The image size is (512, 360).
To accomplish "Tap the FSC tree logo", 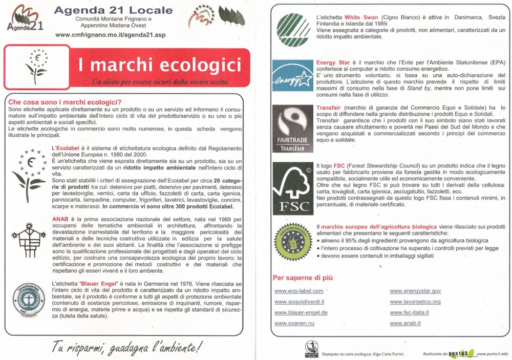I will pyautogui.click(x=292, y=188).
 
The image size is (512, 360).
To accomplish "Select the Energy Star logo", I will pyautogui.click(x=292, y=76).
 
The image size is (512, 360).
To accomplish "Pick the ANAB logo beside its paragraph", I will pyautogui.click(x=28, y=239).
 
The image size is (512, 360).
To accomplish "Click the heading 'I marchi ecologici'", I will pyautogui.click(x=159, y=65).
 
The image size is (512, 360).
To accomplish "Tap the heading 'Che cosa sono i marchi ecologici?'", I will pyautogui.click(x=65, y=102).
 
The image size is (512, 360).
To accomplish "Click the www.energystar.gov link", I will pyautogui.click(x=415, y=291).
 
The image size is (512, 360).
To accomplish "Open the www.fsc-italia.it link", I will pyautogui.click(x=409, y=312).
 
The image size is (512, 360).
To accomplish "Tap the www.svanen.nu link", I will pyautogui.click(x=294, y=324).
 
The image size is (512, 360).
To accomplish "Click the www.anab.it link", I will pyautogui.click(x=405, y=324).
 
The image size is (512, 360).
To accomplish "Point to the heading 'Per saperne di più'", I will pyautogui.click(x=303, y=278).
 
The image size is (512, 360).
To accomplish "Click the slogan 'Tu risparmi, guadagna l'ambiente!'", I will pyautogui.click(x=126, y=347).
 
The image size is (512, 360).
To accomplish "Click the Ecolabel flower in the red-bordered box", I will pyautogui.click(x=36, y=67).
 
